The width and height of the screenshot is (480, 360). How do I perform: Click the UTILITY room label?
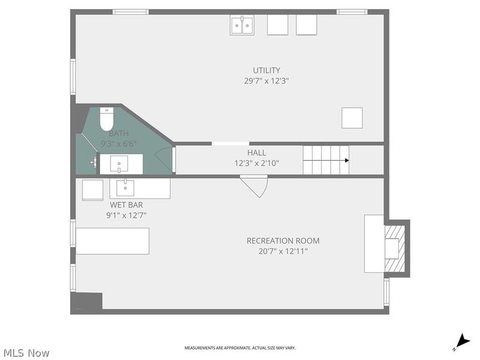click(x=266, y=70)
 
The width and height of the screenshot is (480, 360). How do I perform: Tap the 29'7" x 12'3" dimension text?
click(x=266, y=80)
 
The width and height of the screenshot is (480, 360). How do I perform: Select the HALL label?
click(x=256, y=153)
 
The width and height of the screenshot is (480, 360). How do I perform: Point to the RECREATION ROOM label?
click(x=283, y=241)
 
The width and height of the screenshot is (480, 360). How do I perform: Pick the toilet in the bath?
click(x=106, y=119)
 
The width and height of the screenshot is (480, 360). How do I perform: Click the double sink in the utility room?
click(x=242, y=25)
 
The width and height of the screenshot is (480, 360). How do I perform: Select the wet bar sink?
click(x=125, y=188)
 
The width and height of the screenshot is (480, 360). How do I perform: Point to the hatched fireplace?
click(x=397, y=248)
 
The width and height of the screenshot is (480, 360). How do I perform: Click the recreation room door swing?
click(x=254, y=185)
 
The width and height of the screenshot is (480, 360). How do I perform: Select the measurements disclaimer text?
click(x=239, y=348)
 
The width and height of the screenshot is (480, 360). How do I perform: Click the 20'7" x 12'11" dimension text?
click(x=283, y=251)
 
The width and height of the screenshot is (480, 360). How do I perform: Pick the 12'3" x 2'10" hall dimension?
click(x=256, y=163)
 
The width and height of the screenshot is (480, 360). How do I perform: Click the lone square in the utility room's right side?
click(x=352, y=118)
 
